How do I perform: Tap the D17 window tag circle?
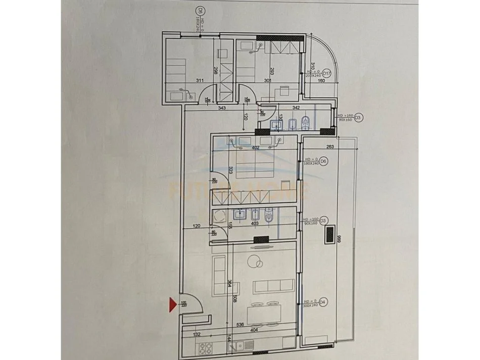point(326,74)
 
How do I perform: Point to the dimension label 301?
point(267,80)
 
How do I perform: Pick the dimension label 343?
point(221,108)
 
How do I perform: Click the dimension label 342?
point(297,108)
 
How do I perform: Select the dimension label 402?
point(255,147)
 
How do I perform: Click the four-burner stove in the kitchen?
point(206,348)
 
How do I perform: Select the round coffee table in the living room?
point(255,262)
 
